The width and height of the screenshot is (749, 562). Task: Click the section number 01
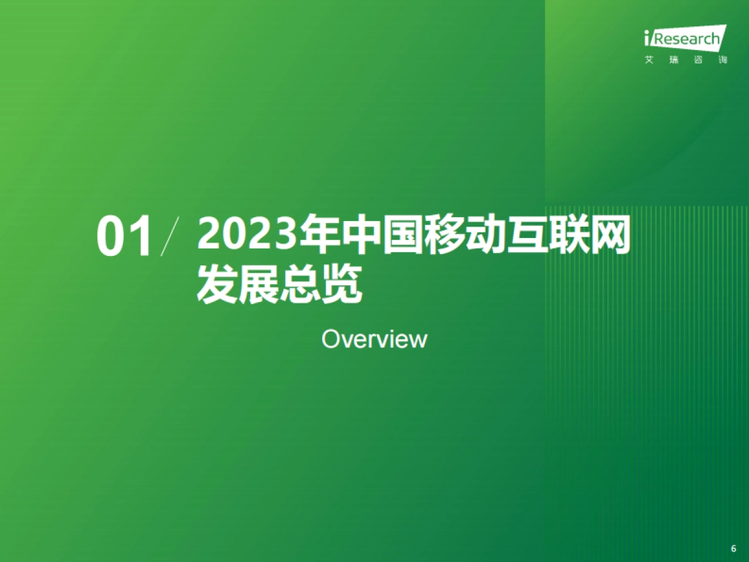[125, 238]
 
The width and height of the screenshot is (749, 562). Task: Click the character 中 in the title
[360, 236]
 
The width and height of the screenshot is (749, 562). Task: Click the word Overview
[374, 339]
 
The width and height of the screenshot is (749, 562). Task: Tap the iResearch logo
[685, 39]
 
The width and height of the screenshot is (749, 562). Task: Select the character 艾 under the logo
[649, 61]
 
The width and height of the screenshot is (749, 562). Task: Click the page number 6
[733, 548]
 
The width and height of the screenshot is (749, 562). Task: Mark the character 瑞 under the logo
[673, 61]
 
